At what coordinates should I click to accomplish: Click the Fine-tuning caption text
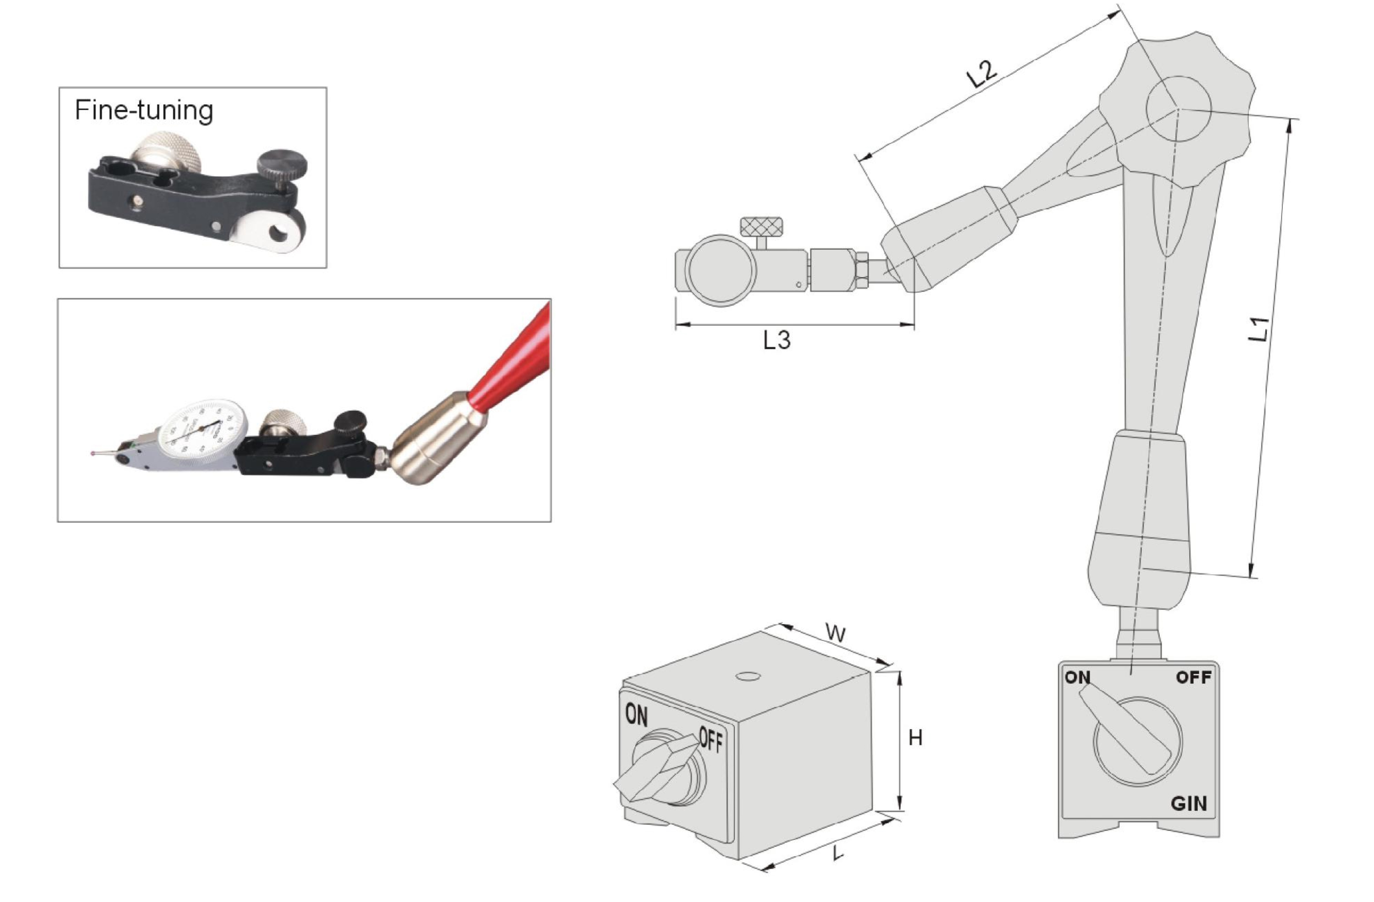point(144,110)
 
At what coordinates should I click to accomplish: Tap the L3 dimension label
point(776,341)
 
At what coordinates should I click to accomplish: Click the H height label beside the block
point(915,738)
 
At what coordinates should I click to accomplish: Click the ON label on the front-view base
point(1077,677)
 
